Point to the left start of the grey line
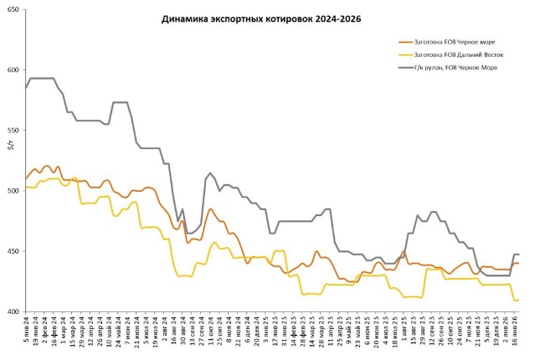(26, 88)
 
